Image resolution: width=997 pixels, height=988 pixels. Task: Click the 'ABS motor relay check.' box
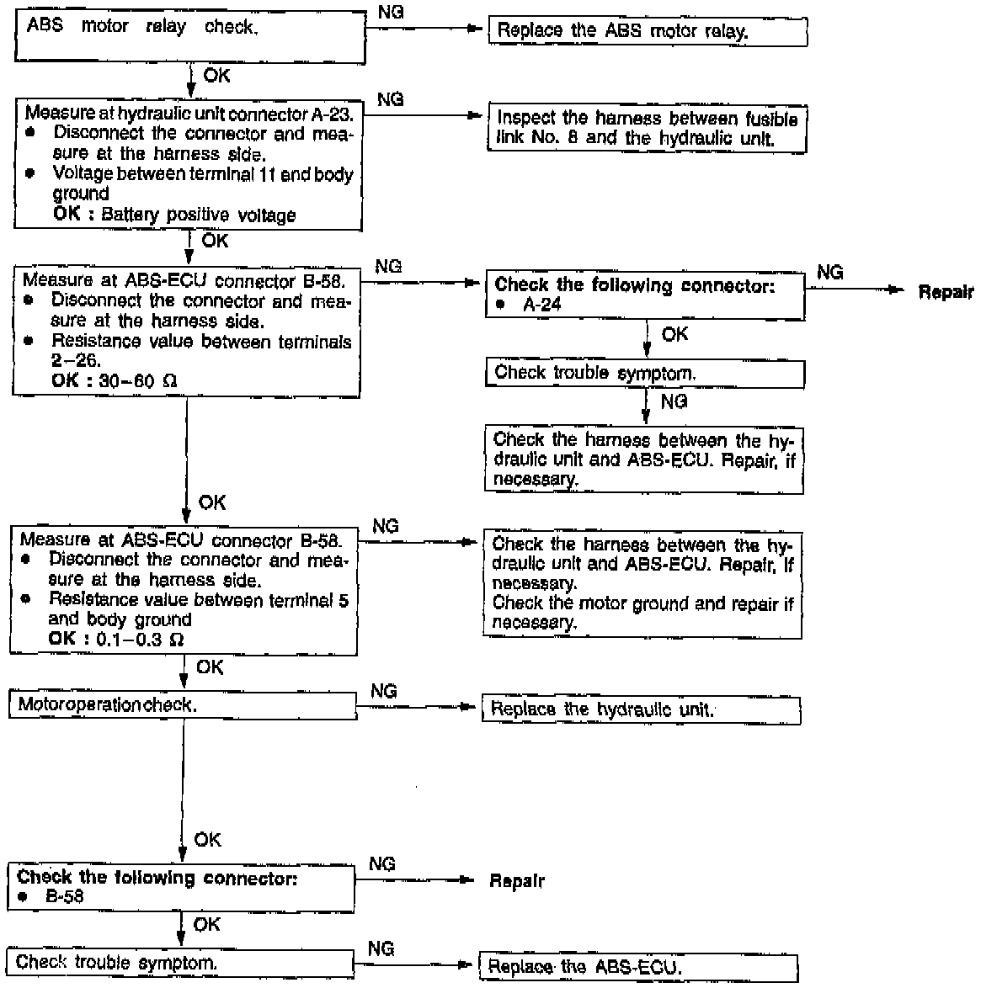[x=190, y=36]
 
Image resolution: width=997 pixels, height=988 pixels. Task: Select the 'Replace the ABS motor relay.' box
[x=648, y=32]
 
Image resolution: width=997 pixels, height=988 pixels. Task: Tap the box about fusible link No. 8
[x=647, y=129]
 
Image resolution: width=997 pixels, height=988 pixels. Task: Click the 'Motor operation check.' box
[x=183, y=705]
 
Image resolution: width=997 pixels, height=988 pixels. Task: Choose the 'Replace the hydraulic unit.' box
[x=640, y=709]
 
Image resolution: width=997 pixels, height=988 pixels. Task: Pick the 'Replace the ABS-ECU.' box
[x=637, y=967]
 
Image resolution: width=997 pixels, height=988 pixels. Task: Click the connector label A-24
[x=541, y=305]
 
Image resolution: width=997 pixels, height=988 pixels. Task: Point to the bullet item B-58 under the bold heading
[x=64, y=897]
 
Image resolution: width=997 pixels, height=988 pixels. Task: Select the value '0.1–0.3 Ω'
[x=142, y=639]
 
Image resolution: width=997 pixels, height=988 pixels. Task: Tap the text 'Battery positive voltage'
[x=198, y=215]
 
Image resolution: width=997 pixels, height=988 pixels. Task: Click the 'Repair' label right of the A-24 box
[x=945, y=292]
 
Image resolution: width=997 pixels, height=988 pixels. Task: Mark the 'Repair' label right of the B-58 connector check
[x=516, y=881]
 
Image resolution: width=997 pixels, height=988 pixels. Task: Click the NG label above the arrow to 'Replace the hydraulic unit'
[x=384, y=691]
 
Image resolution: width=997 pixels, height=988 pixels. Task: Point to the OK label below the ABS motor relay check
[x=216, y=76]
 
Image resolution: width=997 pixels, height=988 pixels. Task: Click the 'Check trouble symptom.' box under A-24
[x=644, y=373]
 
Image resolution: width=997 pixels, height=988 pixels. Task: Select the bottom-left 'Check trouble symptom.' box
[x=179, y=962]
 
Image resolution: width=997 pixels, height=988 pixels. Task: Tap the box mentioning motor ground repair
[x=642, y=584]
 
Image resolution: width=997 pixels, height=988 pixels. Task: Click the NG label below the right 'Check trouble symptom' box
[x=674, y=401]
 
